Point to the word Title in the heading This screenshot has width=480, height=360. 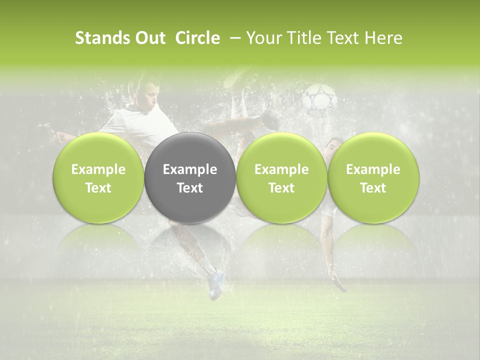pos(301,38)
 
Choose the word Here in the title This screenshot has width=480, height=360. pos(383,38)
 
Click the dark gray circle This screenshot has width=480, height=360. pos(190,178)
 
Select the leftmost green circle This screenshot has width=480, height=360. pos(98,178)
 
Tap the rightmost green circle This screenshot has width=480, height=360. pos(373,178)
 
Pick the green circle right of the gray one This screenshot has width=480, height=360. pos(281,178)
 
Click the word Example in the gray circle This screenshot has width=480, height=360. pos(190,169)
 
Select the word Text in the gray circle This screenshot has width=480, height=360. pos(190,188)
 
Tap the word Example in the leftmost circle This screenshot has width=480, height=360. pos(98,169)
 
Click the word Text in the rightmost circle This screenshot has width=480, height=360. pos(373,188)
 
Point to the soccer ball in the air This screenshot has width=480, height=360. pos(320,97)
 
